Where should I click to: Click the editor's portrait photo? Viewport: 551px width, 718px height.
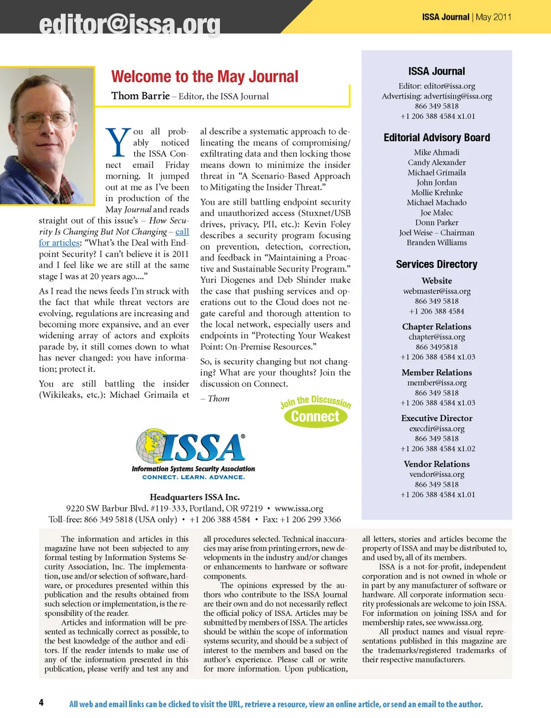(x=46, y=135)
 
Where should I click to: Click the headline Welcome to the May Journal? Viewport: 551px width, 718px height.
(x=205, y=77)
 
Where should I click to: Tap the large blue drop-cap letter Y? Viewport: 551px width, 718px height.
(x=118, y=143)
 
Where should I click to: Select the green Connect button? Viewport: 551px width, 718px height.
(x=315, y=417)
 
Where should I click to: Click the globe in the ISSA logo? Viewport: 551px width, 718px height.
(x=152, y=445)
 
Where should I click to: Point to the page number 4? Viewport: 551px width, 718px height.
(x=41, y=703)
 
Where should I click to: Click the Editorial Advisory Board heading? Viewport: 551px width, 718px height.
(x=437, y=138)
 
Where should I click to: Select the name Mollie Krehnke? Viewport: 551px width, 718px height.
(x=437, y=192)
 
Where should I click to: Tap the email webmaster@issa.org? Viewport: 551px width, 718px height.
(x=437, y=291)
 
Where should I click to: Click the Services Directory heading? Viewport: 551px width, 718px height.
(x=437, y=264)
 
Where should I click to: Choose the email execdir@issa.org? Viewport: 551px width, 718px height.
(x=437, y=428)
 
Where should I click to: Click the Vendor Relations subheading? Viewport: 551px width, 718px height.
(x=437, y=464)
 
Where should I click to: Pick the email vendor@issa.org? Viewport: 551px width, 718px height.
(x=437, y=474)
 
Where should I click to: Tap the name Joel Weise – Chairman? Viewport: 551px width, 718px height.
(x=437, y=232)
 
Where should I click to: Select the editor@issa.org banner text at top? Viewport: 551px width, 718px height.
(x=130, y=25)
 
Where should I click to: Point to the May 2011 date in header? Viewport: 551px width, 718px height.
(x=493, y=17)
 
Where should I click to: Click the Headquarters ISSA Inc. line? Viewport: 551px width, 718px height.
(x=195, y=497)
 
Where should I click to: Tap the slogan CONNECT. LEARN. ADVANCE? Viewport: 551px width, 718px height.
(x=193, y=477)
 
